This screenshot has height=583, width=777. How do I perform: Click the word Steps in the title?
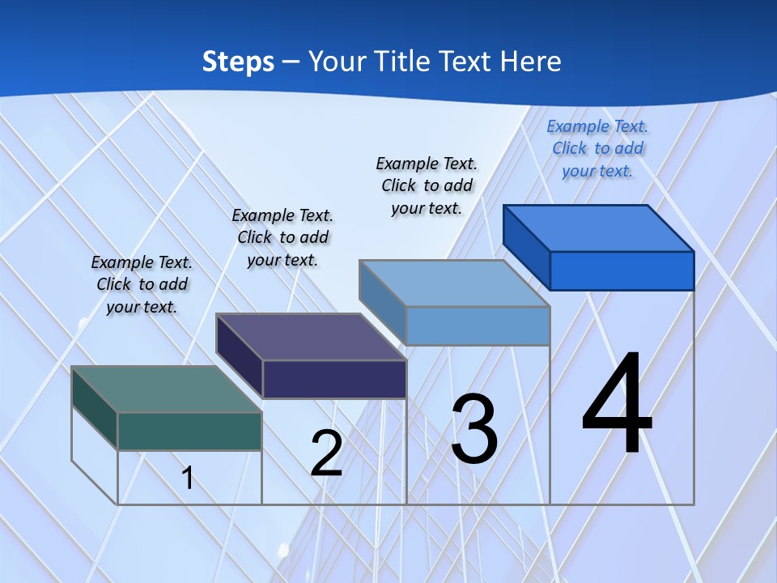click(x=238, y=62)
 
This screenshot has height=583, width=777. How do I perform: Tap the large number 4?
click(x=617, y=405)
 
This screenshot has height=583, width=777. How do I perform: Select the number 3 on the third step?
click(x=474, y=429)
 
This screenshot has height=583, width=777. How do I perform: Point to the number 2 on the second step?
click(x=326, y=453)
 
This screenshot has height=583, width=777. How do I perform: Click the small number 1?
click(x=188, y=479)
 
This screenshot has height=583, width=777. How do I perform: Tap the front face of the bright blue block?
click(x=622, y=270)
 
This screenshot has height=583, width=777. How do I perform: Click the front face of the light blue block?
click(x=478, y=326)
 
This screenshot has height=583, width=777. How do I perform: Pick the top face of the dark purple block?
click(x=311, y=337)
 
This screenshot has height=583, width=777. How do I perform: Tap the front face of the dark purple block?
click(x=333, y=379)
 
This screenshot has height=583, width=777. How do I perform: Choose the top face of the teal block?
click(x=167, y=389)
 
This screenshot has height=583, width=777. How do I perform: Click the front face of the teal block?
click(x=189, y=431)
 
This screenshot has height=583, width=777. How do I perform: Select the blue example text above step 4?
click(x=597, y=148)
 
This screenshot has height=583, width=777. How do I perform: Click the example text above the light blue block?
click(x=427, y=185)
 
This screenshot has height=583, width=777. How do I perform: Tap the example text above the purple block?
click(x=282, y=237)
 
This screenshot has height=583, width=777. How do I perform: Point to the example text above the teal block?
click(x=142, y=284)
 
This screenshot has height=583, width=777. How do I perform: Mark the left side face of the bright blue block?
click(x=527, y=248)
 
